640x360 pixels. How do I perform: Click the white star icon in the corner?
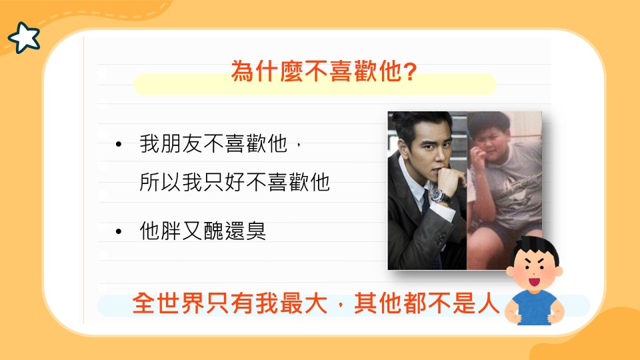click(x=24, y=37)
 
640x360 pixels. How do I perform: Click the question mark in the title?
click(x=409, y=71)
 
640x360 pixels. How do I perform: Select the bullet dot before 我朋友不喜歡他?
click(x=119, y=144)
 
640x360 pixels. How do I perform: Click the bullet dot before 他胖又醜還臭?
click(x=119, y=231)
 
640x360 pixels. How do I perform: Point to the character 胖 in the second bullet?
click(x=171, y=231)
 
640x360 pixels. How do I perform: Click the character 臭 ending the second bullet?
click(x=256, y=231)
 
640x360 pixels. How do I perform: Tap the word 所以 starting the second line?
click(x=161, y=181)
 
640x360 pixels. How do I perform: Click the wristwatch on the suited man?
click(x=439, y=196)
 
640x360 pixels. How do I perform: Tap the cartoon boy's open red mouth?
click(x=534, y=281)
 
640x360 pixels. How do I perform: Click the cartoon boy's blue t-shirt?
click(x=535, y=308)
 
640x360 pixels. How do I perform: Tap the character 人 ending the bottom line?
click(x=488, y=303)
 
